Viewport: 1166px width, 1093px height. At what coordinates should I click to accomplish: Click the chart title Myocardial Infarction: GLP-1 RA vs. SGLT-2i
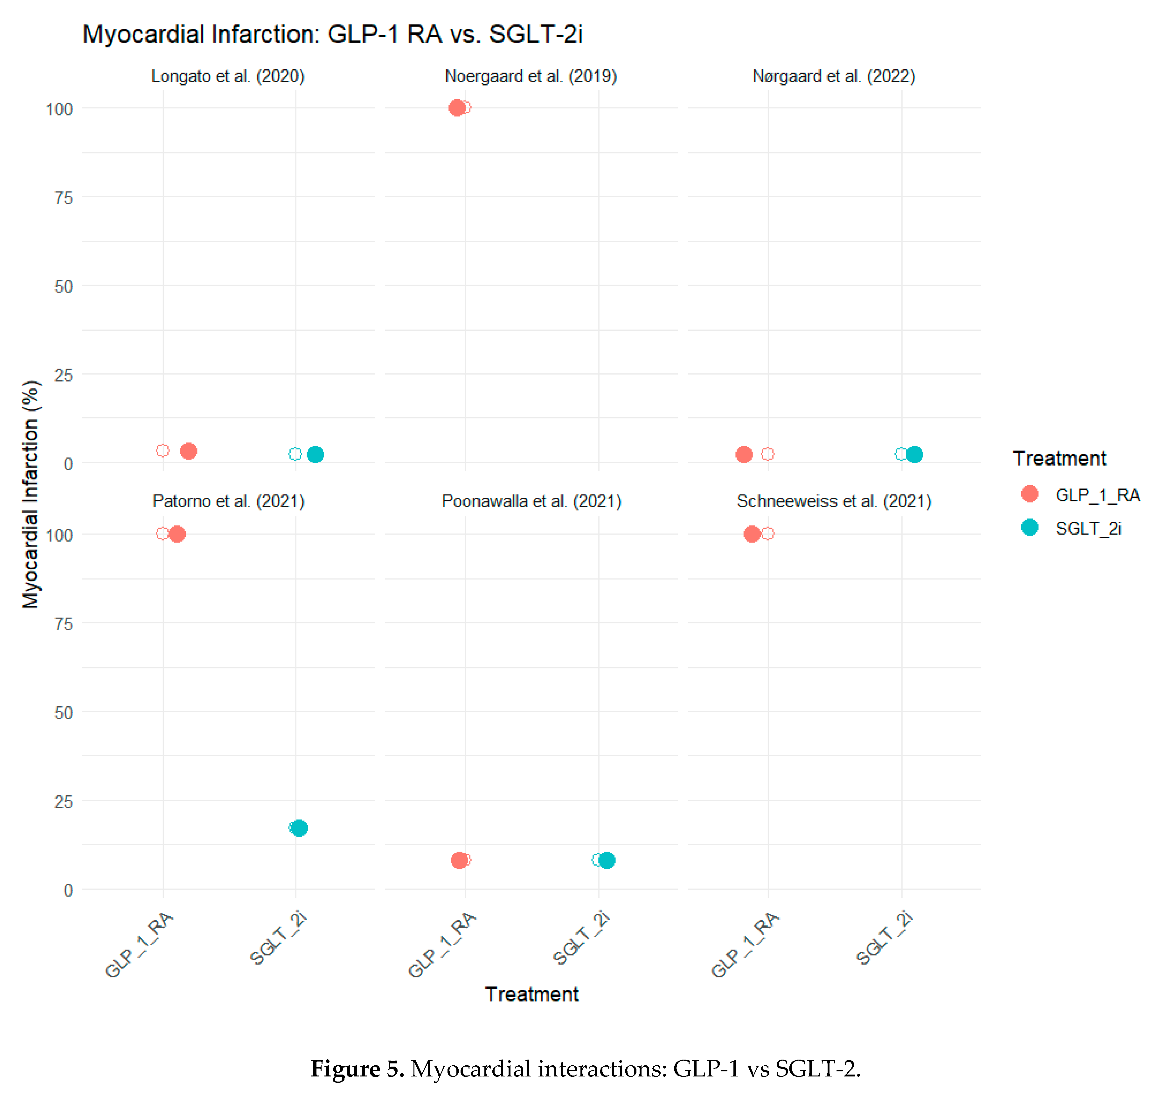coord(333,34)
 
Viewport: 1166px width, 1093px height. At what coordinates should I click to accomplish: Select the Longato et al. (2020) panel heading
coord(227,76)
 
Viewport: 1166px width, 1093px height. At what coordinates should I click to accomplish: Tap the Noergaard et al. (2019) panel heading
coord(531,76)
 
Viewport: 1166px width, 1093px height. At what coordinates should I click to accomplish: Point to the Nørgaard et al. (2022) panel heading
coord(833,76)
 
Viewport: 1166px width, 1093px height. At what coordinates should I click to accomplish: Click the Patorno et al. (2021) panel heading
coord(228,502)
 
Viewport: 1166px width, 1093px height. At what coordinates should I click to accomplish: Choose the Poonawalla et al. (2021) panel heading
coord(531,502)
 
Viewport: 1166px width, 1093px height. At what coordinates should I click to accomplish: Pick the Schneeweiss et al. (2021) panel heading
coord(833,502)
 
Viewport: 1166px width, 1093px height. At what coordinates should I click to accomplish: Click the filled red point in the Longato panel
coord(188,451)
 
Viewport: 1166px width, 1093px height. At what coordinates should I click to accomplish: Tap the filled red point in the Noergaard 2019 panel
coord(457,108)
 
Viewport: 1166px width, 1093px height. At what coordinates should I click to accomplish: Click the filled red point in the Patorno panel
coord(177,534)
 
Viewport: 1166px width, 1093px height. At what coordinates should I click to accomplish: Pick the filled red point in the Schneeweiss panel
coord(752,534)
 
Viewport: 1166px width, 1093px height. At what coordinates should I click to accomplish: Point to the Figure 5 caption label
coord(357,1069)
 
